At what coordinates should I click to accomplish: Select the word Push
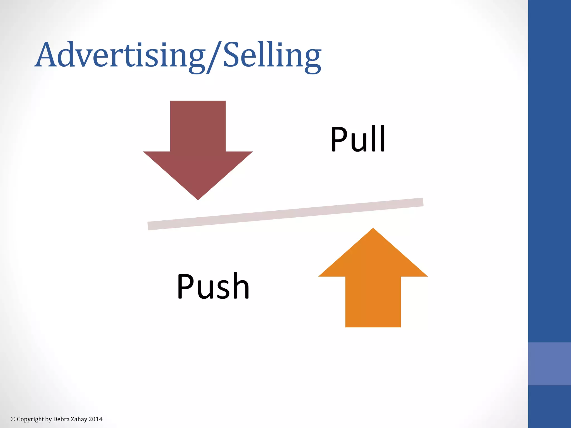coord(213,286)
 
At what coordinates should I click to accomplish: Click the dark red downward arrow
coord(198,156)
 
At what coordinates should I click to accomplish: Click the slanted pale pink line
coord(285,214)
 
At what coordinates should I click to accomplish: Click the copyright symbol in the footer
coord(13,419)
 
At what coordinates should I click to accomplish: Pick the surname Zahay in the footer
coord(79,419)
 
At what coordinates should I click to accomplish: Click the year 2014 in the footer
coord(96,419)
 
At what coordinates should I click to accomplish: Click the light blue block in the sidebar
coord(549,364)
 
